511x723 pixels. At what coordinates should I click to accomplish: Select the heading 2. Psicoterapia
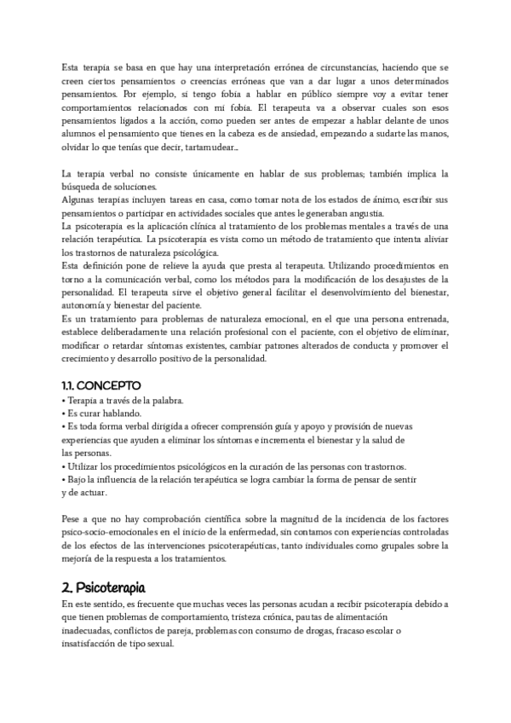(105, 587)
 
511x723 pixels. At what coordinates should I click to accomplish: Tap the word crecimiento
(86, 358)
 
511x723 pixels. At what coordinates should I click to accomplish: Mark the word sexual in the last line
(159, 644)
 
